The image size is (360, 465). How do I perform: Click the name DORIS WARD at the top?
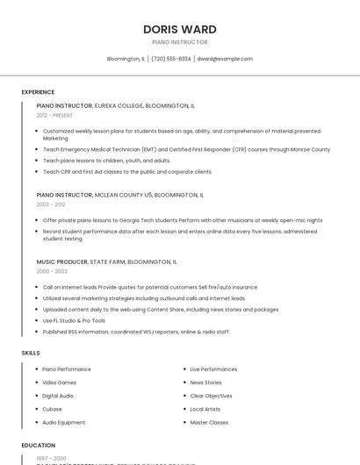179,29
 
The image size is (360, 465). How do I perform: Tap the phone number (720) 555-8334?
170,59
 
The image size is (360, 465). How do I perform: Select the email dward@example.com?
225,59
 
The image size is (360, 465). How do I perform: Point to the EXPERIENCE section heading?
38,92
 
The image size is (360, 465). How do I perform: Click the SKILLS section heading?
31,353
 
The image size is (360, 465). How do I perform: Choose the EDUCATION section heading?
39,445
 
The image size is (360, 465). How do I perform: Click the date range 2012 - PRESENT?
54,115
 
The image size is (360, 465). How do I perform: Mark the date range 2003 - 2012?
50,204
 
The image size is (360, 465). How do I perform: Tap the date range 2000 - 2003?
52,271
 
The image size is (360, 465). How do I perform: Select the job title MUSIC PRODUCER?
61,261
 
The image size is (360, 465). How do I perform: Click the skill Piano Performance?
67,369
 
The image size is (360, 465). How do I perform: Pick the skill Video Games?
60,383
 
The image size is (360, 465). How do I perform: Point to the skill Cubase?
52,409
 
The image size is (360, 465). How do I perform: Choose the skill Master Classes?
209,422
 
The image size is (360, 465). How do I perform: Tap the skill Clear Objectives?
212,396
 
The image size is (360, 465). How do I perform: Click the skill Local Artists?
205,409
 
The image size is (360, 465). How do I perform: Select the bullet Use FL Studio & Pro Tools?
74,320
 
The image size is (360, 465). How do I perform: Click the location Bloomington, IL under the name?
126,59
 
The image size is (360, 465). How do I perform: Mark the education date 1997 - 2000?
51,458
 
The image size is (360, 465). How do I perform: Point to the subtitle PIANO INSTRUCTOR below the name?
179,42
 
